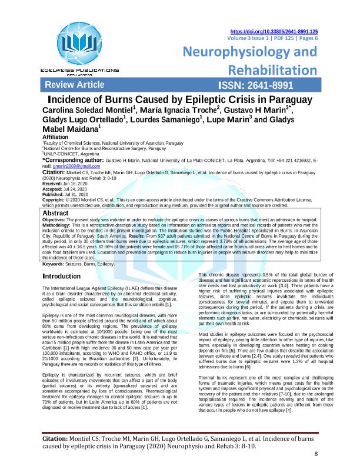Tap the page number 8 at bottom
pyautogui.click(x=316, y=454)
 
